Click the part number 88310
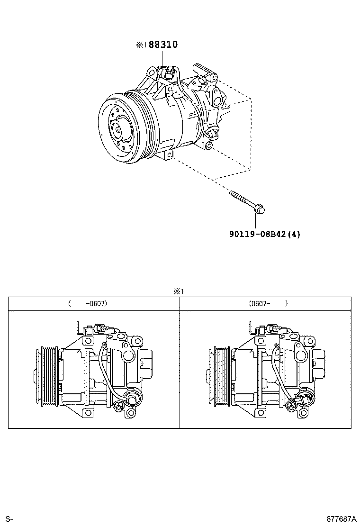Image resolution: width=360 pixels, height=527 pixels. (x=163, y=45)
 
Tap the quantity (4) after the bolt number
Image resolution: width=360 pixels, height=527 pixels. (x=294, y=234)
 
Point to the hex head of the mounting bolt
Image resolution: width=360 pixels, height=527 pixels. (x=259, y=208)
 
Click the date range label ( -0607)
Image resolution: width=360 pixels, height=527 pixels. (x=88, y=303)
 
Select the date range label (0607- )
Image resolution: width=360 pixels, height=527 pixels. (x=268, y=303)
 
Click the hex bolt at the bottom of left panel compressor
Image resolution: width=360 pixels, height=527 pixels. (x=117, y=407)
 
